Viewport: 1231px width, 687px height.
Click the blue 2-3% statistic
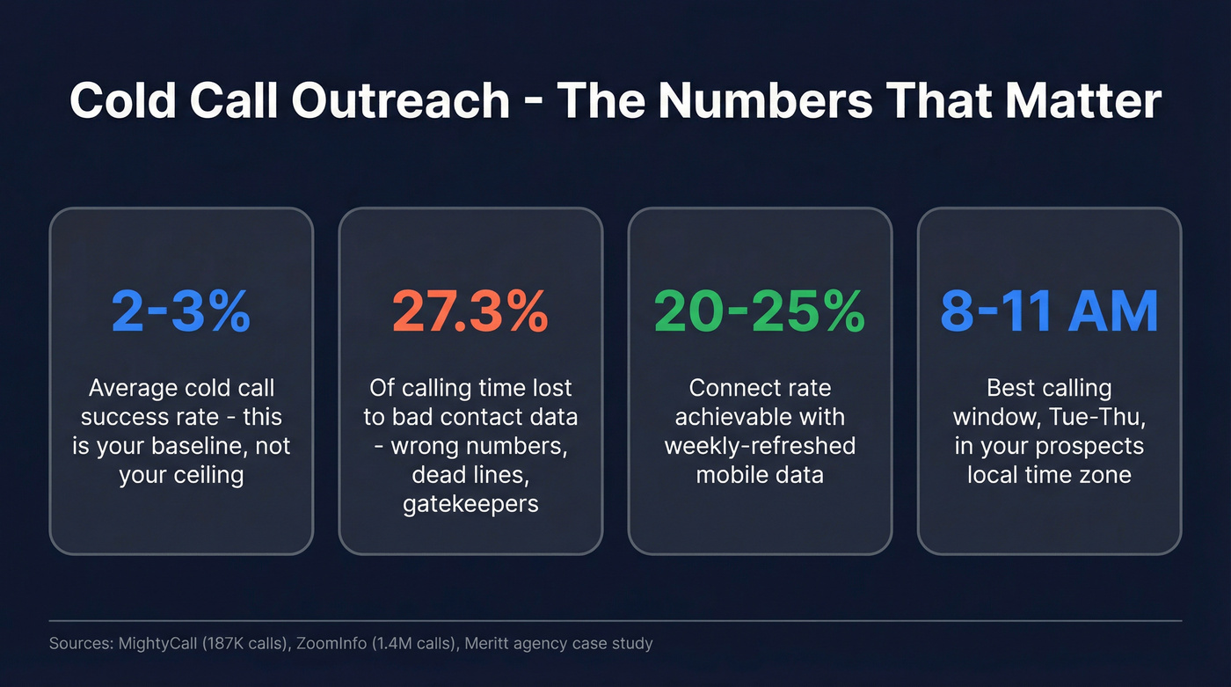(x=181, y=311)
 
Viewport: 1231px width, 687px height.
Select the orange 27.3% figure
(x=470, y=311)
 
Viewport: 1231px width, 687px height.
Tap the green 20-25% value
(x=760, y=311)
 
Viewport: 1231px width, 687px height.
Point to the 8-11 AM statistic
(x=1049, y=311)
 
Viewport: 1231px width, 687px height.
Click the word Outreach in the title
(x=401, y=101)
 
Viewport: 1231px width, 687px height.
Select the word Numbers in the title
(x=770, y=101)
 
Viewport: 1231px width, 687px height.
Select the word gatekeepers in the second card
(x=470, y=504)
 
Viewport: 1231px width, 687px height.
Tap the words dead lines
(x=470, y=475)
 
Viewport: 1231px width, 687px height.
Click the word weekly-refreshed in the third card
(x=760, y=446)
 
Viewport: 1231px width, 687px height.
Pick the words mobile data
(x=760, y=475)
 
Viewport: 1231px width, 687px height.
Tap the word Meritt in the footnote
(x=485, y=643)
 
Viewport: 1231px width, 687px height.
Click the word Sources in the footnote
(x=78, y=643)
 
